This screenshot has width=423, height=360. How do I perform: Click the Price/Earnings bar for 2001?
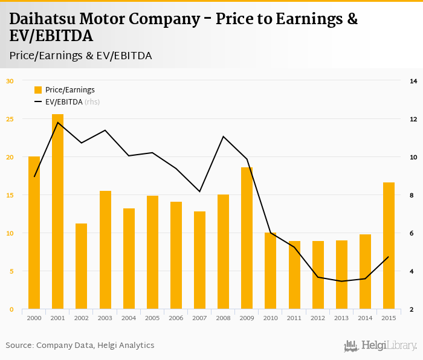point(57,211)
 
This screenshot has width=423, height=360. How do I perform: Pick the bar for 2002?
point(81,266)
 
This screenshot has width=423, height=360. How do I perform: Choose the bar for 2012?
point(318,275)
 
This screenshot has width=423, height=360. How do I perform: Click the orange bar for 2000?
point(34,233)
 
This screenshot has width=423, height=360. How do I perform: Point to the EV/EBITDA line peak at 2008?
point(224,137)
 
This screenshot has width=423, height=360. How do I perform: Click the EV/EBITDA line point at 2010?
point(271,233)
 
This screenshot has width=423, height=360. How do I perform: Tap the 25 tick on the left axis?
point(10,119)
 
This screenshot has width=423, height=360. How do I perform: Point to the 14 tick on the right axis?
point(414,81)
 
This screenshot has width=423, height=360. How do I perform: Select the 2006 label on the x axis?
point(176,318)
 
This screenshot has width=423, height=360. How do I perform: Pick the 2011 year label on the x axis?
point(294,318)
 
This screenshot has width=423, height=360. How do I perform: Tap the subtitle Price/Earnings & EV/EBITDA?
point(80,56)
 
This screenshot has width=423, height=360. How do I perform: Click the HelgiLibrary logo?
point(380,346)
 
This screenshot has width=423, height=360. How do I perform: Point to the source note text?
point(80,345)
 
